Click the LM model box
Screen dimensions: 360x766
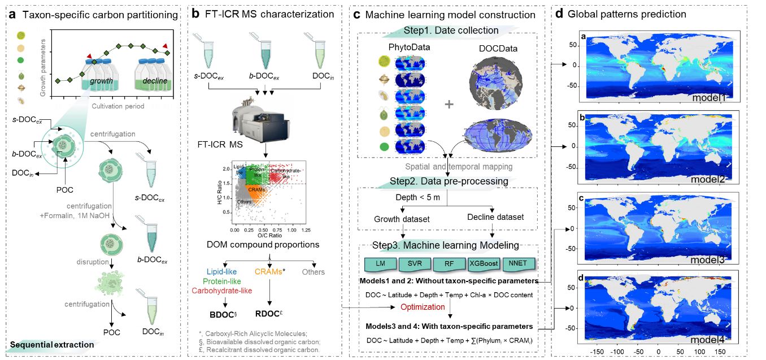pyautogui.click(x=380, y=264)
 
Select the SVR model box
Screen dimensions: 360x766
pyautogui.click(x=415, y=264)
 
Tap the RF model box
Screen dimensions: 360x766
pyautogui.click(x=449, y=264)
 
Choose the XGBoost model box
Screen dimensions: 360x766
pyautogui.click(x=484, y=264)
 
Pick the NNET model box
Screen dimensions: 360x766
pyautogui.click(x=518, y=264)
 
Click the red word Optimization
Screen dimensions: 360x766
pyautogui.click(x=423, y=307)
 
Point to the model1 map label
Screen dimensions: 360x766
pyautogui.click(x=708, y=98)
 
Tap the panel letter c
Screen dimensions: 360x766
pyautogui.click(x=581, y=198)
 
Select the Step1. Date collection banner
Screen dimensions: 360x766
pyautogui.click(x=451, y=31)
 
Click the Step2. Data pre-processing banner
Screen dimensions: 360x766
pyautogui.click(x=451, y=181)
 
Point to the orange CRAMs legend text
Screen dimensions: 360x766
pyautogui.click(x=268, y=272)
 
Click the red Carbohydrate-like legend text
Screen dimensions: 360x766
pyautogui.click(x=222, y=291)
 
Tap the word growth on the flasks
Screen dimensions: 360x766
pyautogui.click(x=102, y=81)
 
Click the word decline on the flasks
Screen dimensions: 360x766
pyautogui.click(x=154, y=81)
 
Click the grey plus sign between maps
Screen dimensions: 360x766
pyautogui.click(x=449, y=105)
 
